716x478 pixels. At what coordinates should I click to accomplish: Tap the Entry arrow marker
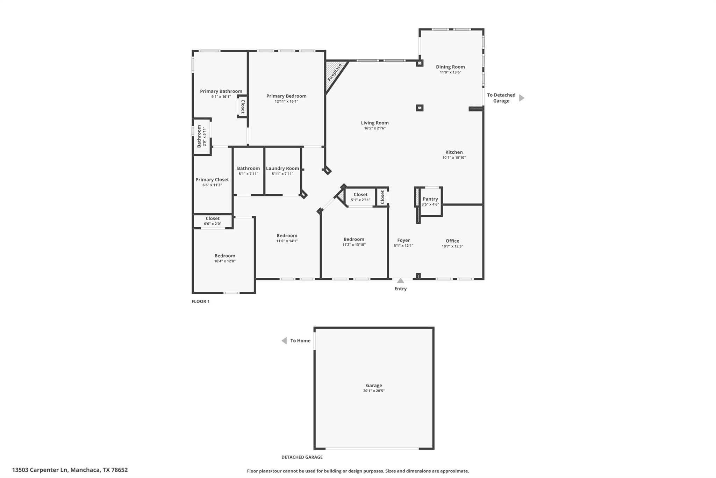[401, 280]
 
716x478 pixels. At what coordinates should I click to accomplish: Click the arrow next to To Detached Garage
[521, 98]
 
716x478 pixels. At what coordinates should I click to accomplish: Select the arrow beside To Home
[284, 341]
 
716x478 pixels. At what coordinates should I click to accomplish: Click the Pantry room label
[430, 199]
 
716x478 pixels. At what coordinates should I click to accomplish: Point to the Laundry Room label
[282, 168]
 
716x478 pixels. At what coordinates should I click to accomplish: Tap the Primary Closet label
[212, 180]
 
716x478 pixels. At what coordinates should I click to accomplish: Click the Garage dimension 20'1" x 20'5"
[374, 391]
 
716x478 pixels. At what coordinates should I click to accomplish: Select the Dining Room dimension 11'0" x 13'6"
[450, 72]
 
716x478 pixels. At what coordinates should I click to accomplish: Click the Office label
[452, 241]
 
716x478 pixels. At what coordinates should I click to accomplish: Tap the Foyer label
[403, 240]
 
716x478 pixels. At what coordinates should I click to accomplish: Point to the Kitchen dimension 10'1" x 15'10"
[454, 158]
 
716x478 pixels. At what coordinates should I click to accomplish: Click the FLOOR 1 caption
[200, 302]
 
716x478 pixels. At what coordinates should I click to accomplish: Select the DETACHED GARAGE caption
[302, 457]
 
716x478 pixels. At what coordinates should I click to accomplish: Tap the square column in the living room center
[420, 108]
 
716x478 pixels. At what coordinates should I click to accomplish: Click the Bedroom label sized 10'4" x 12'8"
[225, 256]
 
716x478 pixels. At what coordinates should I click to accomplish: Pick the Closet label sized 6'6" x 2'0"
[213, 219]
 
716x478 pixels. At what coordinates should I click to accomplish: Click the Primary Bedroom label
[286, 96]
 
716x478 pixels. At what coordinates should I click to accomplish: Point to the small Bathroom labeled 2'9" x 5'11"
[199, 136]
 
